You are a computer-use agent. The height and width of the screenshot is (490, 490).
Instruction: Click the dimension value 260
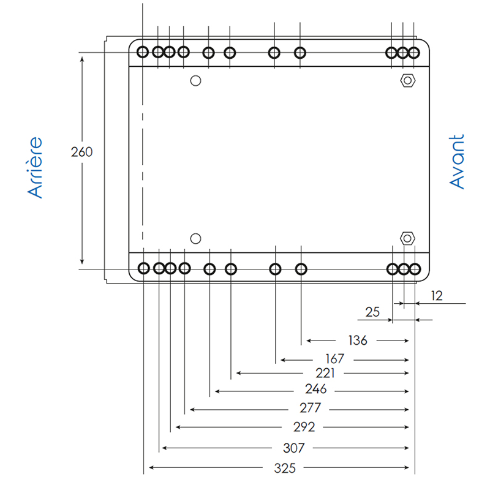pos(81,152)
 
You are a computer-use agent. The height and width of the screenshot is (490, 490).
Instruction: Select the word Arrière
pos(36,167)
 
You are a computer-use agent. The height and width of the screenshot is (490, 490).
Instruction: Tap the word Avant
pos(457,162)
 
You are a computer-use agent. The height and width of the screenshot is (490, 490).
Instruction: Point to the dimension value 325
pos(284,469)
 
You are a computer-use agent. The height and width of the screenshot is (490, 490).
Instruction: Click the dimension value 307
pos(294,448)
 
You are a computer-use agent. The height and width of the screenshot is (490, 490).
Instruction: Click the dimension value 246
pos(316,390)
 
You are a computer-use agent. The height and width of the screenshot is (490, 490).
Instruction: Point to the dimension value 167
pos(334,358)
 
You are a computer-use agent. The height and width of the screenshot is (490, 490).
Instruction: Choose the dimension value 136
pos(356,340)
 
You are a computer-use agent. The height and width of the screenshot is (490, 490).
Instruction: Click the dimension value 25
pos(372,312)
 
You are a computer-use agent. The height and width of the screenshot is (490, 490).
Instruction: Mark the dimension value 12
pos(437,296)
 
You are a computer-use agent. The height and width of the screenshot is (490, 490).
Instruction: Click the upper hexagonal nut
pos(407,80)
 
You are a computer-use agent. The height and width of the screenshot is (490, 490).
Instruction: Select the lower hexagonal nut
pos(407,238)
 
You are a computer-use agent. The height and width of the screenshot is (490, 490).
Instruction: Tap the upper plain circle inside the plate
pos(196,80)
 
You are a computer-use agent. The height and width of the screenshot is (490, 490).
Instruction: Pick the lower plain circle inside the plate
pos(196,238)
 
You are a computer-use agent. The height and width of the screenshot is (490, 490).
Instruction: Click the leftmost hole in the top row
pos(143,52)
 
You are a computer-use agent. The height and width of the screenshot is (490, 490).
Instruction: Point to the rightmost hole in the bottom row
pos(415,268)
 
